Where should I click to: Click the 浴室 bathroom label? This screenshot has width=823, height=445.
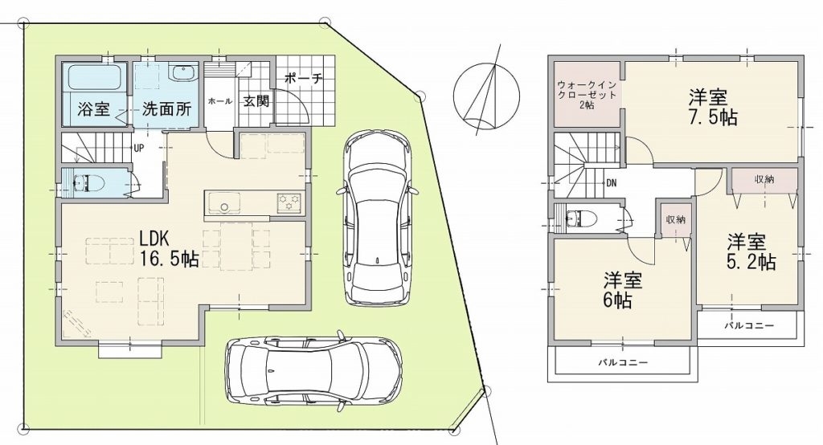pos(94,109)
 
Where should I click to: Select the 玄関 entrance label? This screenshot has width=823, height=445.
pos(256,100)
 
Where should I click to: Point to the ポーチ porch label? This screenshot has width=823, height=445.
pos(302,79)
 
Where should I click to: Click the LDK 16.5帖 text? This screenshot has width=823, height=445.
pos(169,248)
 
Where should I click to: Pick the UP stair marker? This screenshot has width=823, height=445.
pos(138,148)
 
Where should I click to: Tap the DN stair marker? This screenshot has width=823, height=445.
pos(612,183)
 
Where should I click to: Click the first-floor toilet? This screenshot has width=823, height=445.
pos(88,183)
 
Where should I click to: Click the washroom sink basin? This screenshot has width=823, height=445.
pos(182,73)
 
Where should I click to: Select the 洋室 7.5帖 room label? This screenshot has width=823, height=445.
pos(713,107)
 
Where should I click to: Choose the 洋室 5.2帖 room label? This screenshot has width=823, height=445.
pos(751,251)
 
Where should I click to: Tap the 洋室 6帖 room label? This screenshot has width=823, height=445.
pos(623,291)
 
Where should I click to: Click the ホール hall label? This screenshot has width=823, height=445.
pos(220,101)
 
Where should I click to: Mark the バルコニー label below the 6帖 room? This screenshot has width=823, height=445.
pos(623,362)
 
